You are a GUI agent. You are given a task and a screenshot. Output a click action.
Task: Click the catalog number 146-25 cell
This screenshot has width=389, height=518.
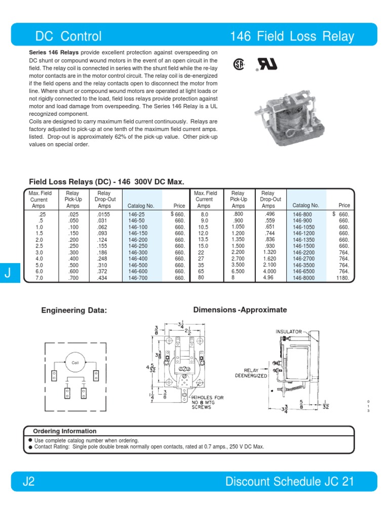137,214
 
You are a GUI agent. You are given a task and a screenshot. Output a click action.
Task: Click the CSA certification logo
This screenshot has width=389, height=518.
239,65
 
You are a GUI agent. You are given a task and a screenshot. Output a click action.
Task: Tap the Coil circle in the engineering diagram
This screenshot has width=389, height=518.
75,363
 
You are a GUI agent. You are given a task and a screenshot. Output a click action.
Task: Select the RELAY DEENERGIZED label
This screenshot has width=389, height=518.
251,373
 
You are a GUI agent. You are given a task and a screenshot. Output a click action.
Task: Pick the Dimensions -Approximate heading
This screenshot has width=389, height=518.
240,310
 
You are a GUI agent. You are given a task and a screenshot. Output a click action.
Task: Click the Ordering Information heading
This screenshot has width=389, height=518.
64,431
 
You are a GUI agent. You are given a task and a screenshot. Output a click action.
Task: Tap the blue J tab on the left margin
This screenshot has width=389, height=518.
8,274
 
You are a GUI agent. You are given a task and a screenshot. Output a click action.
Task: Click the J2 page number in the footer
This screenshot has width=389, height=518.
28,482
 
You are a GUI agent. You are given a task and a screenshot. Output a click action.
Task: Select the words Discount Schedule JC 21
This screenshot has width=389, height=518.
290,482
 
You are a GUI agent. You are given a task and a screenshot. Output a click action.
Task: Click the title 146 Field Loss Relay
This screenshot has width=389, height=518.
292,36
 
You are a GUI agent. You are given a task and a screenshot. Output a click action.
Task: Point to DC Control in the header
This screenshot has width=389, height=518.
68,36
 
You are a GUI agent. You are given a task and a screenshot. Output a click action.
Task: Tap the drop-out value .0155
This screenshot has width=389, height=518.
104,214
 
